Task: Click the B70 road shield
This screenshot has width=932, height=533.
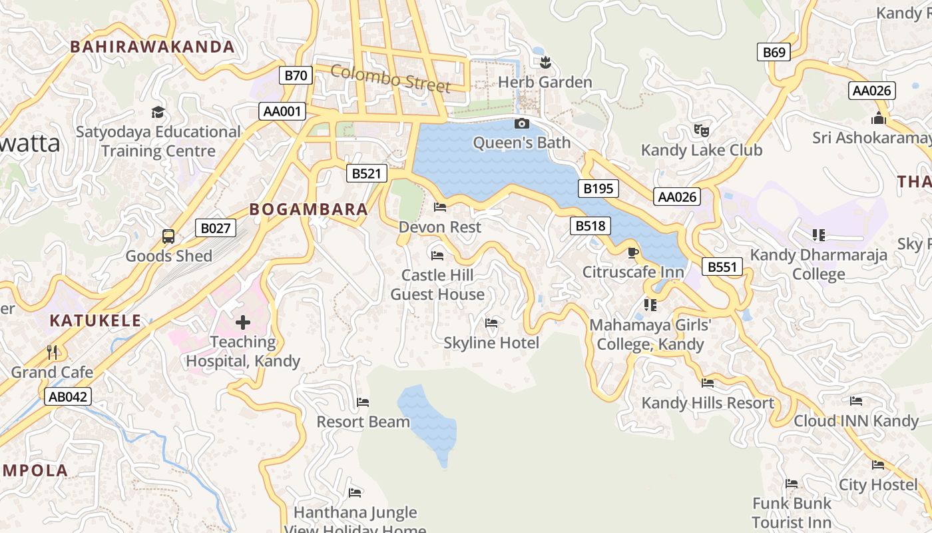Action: click(296, 75)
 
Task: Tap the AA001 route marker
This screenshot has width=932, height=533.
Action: click(282, 111)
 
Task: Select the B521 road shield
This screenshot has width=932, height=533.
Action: click(366, 174)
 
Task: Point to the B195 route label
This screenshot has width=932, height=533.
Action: click(598, 189)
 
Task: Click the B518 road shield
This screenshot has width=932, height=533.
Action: click(590, 226)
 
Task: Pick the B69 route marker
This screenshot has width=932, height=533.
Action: click(774, 52)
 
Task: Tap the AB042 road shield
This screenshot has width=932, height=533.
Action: click(68, 397)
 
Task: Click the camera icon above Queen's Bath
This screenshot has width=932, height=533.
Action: click(522, 124)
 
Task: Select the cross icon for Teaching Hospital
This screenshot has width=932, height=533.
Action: click(243, 323)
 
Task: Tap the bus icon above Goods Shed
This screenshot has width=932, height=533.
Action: click(168, 237)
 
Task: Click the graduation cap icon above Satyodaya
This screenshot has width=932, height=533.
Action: click(158, 112)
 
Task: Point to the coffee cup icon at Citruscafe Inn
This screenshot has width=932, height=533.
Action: click(632, 253)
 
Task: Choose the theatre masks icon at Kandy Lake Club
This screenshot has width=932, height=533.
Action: click(701, 131)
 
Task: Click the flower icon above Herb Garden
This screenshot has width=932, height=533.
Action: click(545, 63)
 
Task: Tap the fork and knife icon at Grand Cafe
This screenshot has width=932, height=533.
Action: click(52, 352)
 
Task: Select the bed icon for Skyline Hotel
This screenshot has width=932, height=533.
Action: click(491, 323)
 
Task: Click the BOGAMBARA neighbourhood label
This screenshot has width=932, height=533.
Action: click(308, 209)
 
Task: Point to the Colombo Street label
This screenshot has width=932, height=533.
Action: click(391, 79)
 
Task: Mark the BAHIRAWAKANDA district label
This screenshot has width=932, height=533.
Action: click(152, 47)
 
